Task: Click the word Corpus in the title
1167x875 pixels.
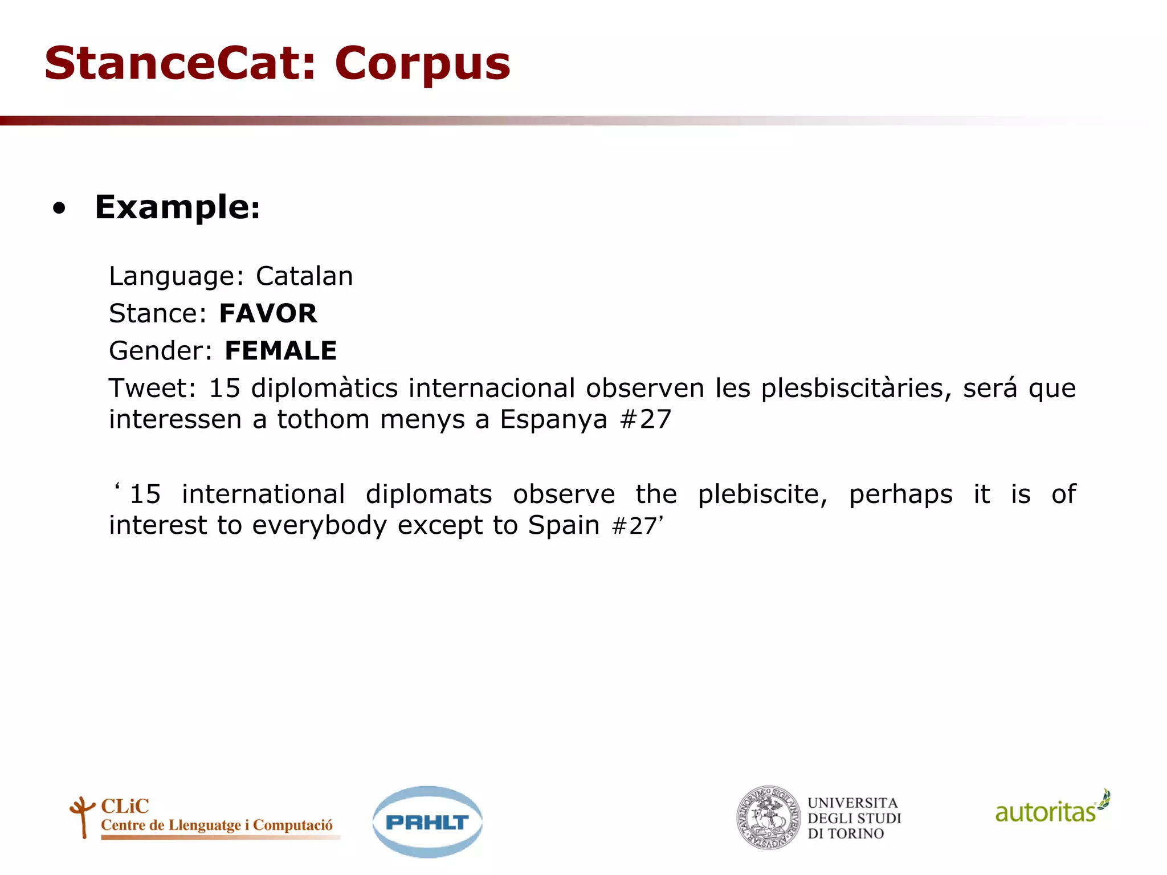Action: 422,64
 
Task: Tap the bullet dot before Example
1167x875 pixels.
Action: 59,208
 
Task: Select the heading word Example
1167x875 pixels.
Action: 177,207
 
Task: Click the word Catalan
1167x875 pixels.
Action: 304,276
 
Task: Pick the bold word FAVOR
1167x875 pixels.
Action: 268,313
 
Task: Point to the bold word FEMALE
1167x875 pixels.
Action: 281,350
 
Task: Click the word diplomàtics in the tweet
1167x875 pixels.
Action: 324,389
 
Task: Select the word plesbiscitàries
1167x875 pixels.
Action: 856,389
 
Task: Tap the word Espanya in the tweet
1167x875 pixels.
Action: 554,420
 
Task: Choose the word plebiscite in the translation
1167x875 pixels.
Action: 762,494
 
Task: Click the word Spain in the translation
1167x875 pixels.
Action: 564,525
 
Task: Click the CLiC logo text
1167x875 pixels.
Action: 125,806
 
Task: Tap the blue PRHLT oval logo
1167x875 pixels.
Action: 427,822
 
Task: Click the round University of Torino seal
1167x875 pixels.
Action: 769,818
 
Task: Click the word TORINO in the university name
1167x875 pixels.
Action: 855,834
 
